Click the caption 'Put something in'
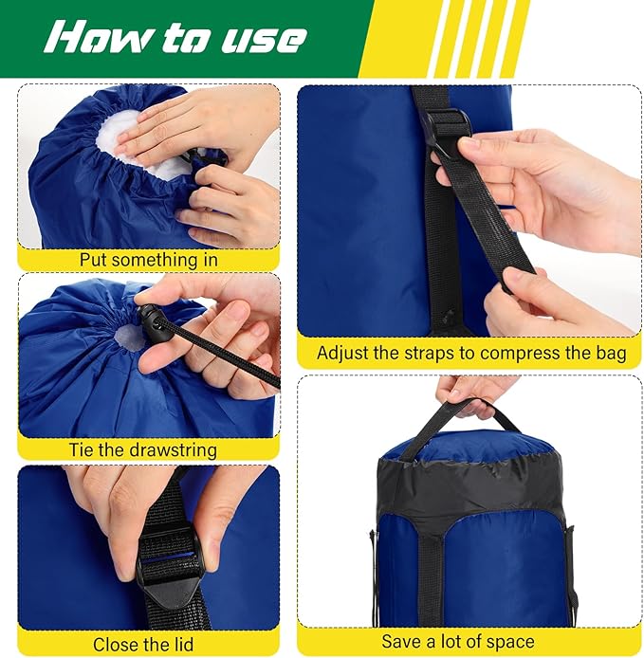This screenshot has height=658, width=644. pyautogui.click(x=149, y=259)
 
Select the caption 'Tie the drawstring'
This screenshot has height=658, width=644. pyautogui.click(x=142, y=450)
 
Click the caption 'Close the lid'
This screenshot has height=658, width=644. pyautogui.click(x=142, y=644)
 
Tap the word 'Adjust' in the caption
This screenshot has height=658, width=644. pyautogui.click(x=343, y=354)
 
